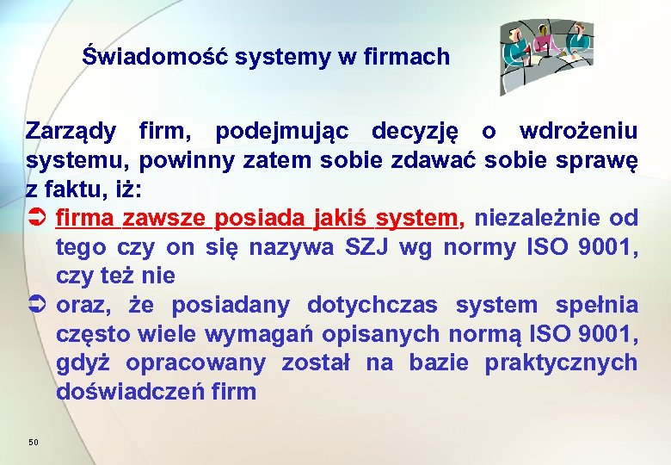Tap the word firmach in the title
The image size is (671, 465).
tap(410, 58)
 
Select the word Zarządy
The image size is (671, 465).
tap(71, 132)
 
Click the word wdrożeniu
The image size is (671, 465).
tap(578, 132)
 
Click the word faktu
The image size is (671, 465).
tap(80, 189)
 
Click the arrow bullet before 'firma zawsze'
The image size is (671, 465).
tap(37, 219)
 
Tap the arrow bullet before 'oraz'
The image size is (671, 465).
tap(37, 306)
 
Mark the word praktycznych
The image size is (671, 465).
tap(561, 363)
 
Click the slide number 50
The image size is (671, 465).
tap(34, 442)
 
